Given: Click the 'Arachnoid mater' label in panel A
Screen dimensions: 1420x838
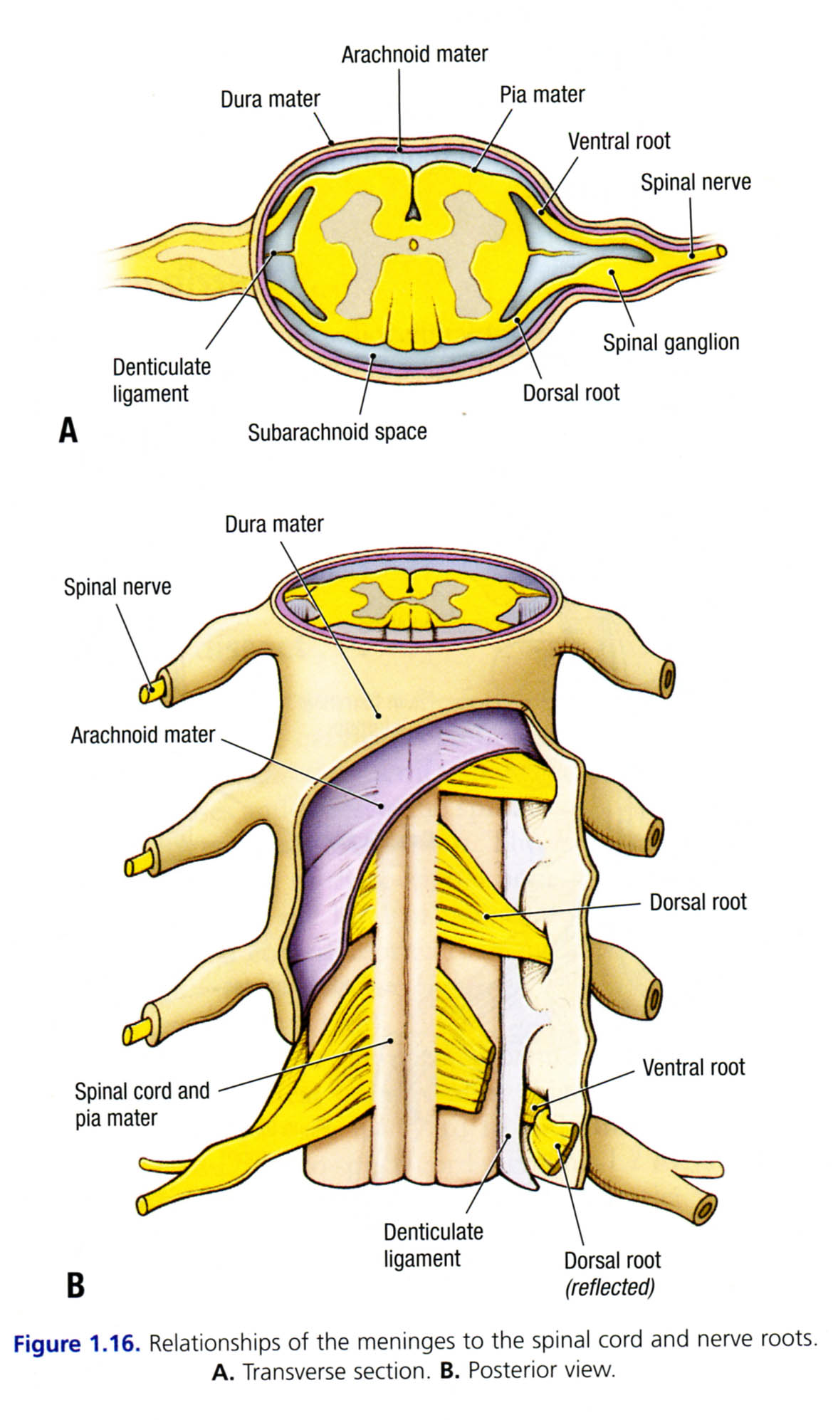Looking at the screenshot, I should tap(414, 55).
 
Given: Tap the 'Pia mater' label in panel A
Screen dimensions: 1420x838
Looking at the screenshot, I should tap(542, 95).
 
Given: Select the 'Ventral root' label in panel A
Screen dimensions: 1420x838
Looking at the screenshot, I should tap(619, 141).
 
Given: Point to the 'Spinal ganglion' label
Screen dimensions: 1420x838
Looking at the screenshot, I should tap(671, 342).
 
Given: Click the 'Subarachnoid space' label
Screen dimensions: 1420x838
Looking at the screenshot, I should tap(337, 432).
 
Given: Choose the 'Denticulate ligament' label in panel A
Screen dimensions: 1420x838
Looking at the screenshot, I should tap(162, 380).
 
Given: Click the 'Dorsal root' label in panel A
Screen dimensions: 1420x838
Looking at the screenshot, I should tap(571, 393).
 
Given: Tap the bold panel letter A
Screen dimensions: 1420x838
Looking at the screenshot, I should tap(68, 430).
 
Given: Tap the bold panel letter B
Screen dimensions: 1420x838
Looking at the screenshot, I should tap(75, 1285).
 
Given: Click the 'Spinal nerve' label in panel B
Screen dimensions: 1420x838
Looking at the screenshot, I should tap(117, 587).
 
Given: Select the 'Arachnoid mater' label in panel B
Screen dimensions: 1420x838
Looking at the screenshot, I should tap(142, 735).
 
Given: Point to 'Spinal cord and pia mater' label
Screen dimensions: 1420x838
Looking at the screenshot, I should tap(142, 1104).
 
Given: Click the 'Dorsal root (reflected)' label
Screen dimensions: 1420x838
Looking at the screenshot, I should tap(612, 1273).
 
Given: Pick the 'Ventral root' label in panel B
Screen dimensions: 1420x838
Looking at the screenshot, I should tap(693, 1068).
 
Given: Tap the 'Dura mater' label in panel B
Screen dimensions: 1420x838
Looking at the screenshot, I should tap(274, 525).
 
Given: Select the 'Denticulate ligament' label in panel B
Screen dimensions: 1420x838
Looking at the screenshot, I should tap(433, 1245).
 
